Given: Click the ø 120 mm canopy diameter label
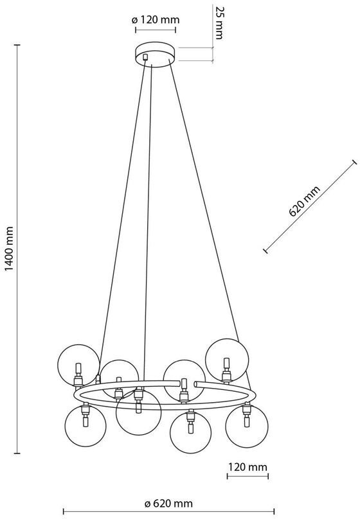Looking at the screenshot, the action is pos(156,20).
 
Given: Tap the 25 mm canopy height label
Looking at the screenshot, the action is pos(218,22).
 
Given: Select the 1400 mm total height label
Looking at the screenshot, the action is pos(9,249).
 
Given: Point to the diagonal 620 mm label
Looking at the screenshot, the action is pos(305,201).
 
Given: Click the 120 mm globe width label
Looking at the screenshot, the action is pos(248,467).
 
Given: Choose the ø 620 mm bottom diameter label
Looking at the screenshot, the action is pos(168,504).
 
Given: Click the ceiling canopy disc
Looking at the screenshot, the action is pos(156,55).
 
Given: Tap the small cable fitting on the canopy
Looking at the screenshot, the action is pos(145,57).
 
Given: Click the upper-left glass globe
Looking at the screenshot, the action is pos(78,365).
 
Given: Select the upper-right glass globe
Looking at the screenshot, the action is pos(227,360).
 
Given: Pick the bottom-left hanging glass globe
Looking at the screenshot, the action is pos(85,426).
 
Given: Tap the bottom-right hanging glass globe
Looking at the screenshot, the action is pos(247,427).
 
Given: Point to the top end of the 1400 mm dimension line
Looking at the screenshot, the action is pos(17,45).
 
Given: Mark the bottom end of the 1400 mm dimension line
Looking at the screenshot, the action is pos(17,453).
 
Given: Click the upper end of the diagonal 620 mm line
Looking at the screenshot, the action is pos(355,162).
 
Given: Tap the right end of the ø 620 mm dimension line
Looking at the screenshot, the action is pos(274,512).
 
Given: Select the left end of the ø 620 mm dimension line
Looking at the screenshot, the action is pos(63,512).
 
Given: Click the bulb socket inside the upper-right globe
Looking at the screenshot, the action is pos(226,371).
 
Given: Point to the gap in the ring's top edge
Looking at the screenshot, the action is pos(191,383).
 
